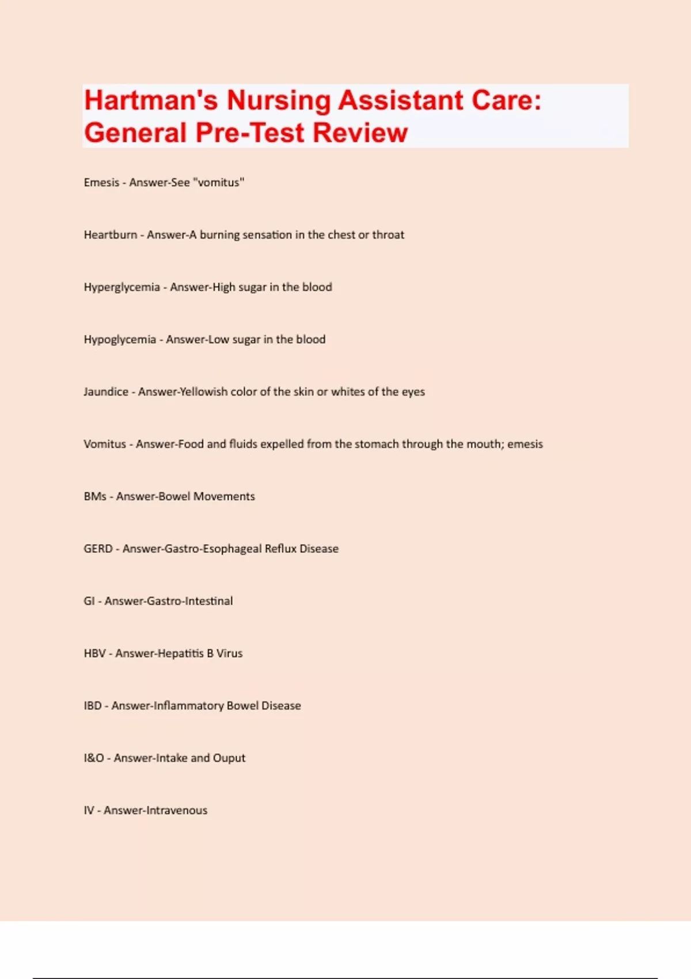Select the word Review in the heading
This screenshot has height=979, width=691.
[360, 133]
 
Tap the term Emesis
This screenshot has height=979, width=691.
[101, 183]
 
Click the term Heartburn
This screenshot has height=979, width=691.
[111, 235]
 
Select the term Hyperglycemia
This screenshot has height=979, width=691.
[122, 287]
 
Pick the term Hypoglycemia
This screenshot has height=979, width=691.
[120, 340]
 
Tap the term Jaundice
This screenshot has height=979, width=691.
[106, 392]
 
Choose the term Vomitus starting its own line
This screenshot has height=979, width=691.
[105, 445]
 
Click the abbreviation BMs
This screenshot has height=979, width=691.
[95, 496]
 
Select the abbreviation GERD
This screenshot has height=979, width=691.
[98, 549]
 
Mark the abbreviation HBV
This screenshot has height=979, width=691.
[95, 654]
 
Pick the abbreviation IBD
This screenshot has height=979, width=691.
[93, 706]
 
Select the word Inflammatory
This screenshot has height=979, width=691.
[188, 706]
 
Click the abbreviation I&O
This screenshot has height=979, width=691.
[94, 758]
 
